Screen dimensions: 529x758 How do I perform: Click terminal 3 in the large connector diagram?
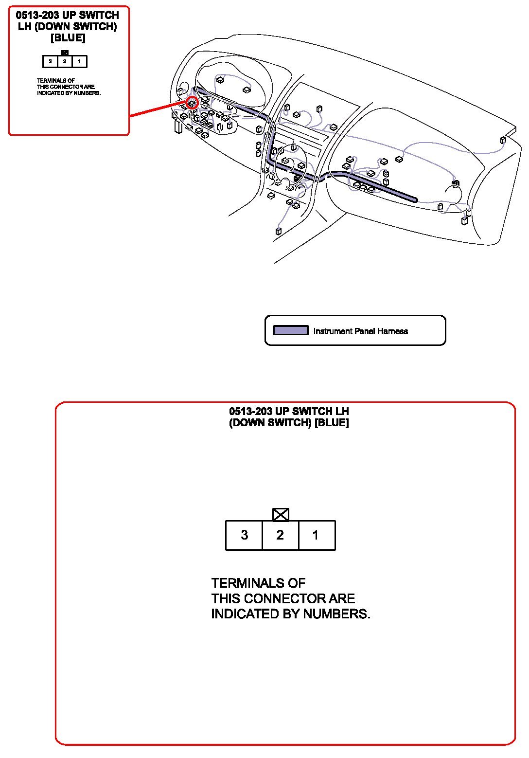[244, 535]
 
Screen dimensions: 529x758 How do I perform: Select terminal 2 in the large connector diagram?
[280, 535]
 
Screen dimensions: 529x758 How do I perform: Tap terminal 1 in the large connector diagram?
[316, 535]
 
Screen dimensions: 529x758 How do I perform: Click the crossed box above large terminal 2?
[281, 514]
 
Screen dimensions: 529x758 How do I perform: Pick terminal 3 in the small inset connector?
[50, 62]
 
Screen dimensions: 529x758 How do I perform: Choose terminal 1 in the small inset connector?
[79, 62]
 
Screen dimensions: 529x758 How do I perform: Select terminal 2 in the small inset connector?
[65, 62]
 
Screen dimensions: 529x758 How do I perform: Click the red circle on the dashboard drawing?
[192, 103]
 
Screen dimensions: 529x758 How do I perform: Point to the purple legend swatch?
[291, 331]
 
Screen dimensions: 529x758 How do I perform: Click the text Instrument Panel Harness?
[360, 331]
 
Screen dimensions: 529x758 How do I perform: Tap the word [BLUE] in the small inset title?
[68, 38]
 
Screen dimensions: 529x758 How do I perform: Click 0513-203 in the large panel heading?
[250, 412]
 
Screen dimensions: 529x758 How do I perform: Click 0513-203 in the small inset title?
[37, 16]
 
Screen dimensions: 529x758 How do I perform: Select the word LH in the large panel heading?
[342, 412]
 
